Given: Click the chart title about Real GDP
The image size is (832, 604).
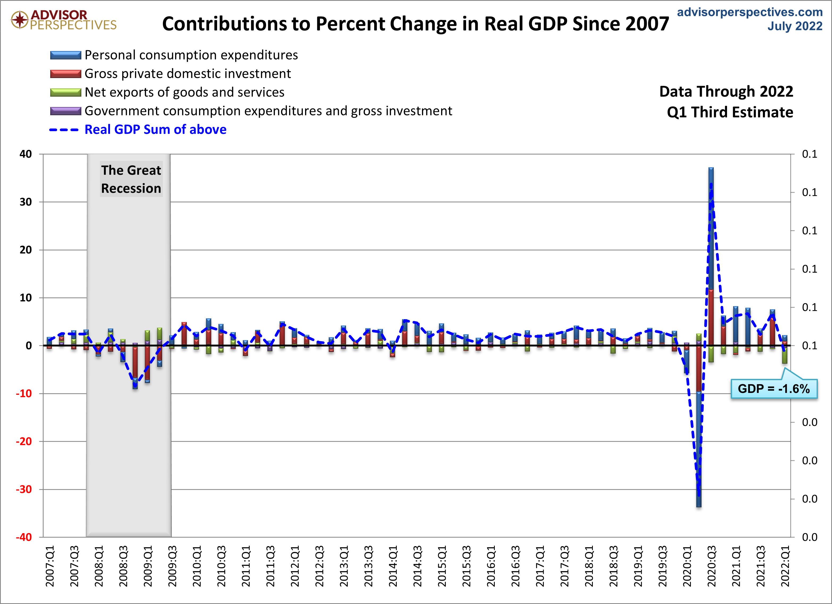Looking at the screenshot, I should tap(415, 24).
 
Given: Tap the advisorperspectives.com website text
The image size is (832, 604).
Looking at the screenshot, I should tap(749, 12).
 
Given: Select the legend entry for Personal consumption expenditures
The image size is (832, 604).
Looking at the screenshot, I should tap(191, 55).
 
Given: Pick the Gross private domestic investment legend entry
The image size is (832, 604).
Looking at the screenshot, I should tap(187, 74).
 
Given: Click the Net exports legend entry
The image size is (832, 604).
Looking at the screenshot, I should tap(184, 92).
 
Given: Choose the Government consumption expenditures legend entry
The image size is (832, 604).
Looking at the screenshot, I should tap(268, 111).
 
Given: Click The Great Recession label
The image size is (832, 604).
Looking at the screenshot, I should tap(131, 179).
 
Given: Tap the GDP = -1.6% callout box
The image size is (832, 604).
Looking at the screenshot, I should tap(774, 388).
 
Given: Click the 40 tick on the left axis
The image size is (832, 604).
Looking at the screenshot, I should tap(26, 154).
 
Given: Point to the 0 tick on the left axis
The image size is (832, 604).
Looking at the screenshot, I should tap(29, 346).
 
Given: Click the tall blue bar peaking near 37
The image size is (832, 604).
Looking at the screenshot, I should tap(711, 227).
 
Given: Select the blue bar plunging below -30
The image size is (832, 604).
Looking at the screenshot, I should tap(699, 451).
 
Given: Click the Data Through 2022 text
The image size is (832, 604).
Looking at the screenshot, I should tap(726, 92).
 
